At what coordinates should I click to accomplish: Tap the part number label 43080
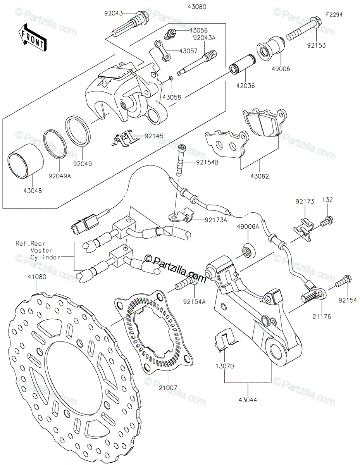(197, 7)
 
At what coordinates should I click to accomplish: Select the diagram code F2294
(334, 15)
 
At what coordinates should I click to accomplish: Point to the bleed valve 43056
(170, 34)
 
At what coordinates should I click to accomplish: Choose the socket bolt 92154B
(180, 160)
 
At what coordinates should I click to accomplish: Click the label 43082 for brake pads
(260, 176)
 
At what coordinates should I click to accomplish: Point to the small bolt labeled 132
(327, 221)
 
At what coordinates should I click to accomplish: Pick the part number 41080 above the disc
(37, 277)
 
